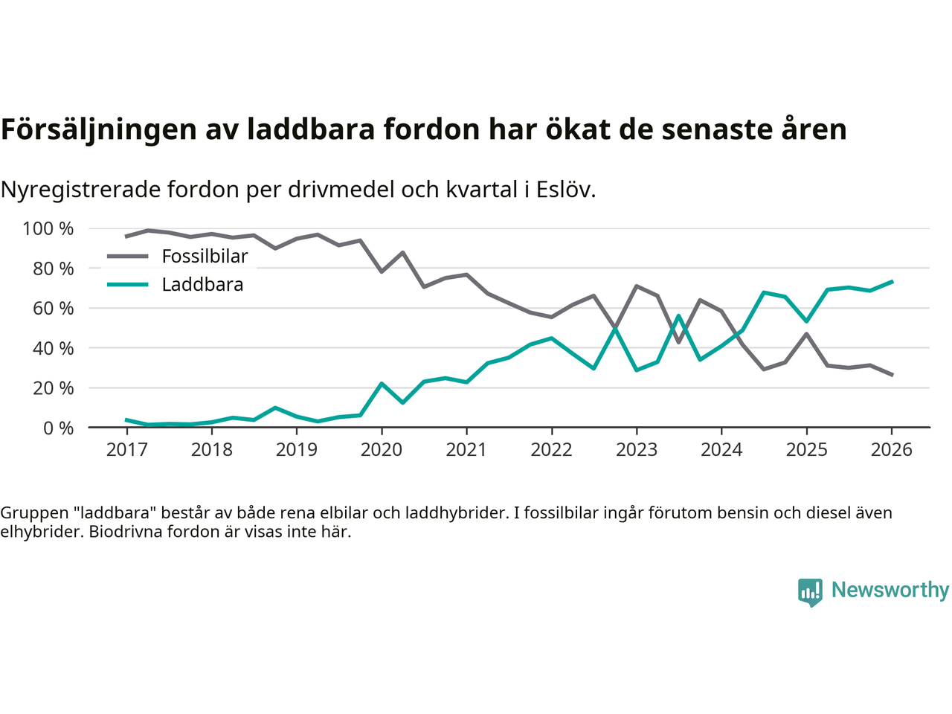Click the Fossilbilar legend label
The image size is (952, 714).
coord(205,257)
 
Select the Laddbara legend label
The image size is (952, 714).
coord(202,285)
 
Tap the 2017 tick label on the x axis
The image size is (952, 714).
coord(126,450)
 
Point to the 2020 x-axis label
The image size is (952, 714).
coord(382,450)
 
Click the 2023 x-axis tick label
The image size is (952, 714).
coord(637,450)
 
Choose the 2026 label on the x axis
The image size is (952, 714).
coord(891,450)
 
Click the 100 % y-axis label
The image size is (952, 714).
coord(48,229)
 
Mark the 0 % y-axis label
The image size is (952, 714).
coord(58,428)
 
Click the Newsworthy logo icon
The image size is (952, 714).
coord(810,592)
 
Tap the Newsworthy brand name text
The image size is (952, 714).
coord(890,590)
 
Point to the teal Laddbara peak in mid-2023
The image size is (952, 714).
coord(678,316)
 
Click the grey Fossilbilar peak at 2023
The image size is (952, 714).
coord(637,286)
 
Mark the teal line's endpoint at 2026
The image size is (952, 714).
coord(892,282)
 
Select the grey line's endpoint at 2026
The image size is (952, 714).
coord(892,375)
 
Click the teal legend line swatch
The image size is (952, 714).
coord(128,285)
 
